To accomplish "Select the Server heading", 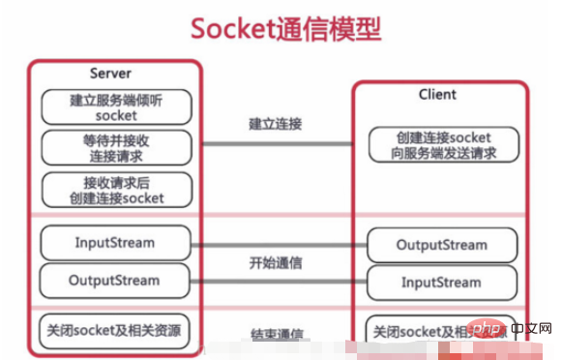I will (110, 74).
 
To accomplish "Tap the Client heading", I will (437, 95).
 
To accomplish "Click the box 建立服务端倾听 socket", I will (116, 107).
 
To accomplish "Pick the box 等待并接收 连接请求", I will (116, 148).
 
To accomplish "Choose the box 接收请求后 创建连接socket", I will (116, 190).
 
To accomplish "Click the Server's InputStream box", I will (115, 242).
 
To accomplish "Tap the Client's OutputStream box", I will (441, 245).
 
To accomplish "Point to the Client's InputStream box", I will (441, 282).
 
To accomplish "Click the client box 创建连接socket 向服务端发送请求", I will (442, 145).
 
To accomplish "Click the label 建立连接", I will (276, 124).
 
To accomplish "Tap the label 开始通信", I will (276, 262).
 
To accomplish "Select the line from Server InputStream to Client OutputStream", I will (276, 245).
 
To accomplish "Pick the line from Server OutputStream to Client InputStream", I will (276, 283).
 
